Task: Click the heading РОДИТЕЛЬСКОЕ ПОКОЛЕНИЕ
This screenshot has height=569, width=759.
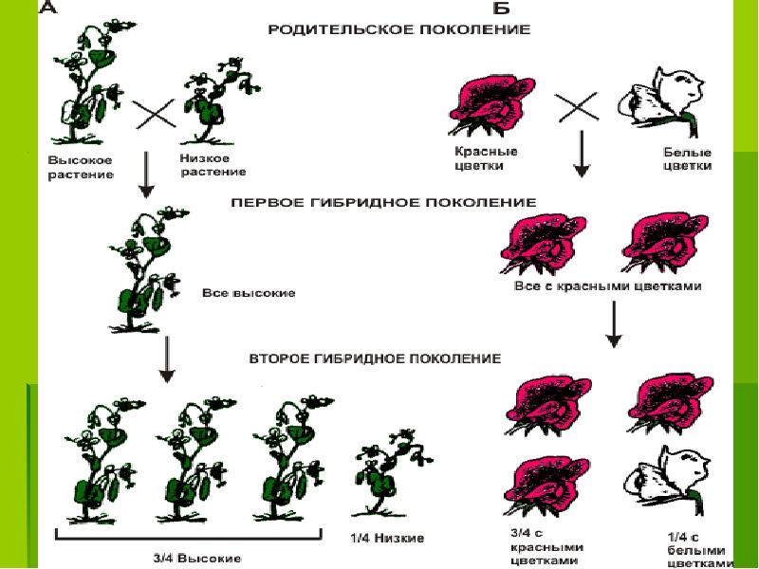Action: tap(398, 29)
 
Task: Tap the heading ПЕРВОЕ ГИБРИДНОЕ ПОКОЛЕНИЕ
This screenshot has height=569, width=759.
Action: tap(383, 202)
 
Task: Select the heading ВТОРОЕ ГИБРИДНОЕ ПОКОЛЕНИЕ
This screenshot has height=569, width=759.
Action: tap(374, 359)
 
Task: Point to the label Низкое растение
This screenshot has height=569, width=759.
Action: tap(212, 165)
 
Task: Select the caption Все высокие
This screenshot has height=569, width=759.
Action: tap(249, 293)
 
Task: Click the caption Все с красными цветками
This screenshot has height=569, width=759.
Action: tap(607, 286)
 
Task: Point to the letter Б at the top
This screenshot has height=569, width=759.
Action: tap(501, 9)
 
